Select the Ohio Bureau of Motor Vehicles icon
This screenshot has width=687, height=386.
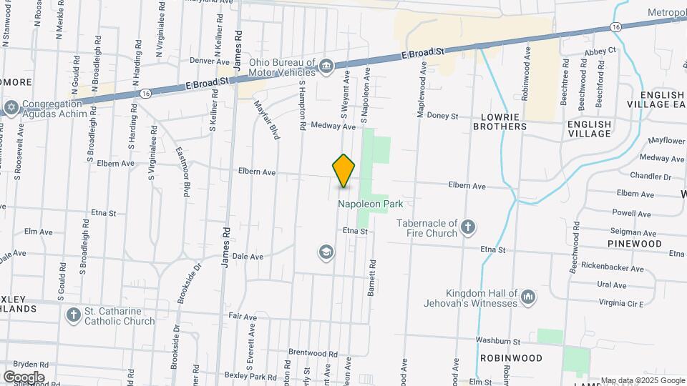pos(326,66)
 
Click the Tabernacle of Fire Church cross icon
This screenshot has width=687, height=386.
pos(468,227)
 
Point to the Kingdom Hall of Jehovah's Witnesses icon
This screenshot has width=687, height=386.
pos(528,296)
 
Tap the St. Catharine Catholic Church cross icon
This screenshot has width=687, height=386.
pos(73,315)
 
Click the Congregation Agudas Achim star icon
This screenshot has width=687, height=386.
pos(11,108)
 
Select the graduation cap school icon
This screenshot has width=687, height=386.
pos(326,252)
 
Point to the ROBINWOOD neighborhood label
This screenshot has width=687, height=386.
pos(512,357)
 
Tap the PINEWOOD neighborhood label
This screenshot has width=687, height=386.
pos(634,244)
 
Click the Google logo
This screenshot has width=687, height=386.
pos(24,377)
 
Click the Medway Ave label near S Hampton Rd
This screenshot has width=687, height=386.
pos(338,127)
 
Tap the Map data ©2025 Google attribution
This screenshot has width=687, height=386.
pos(643,380)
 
